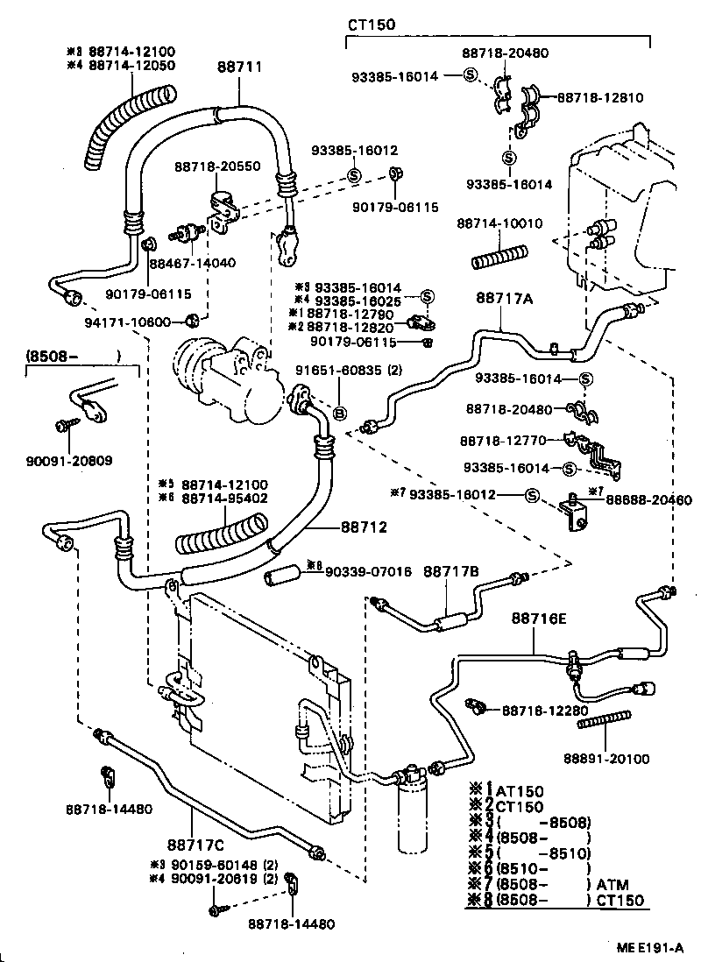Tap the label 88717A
pyautogui.click(x=505, y=299)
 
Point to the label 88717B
pyautogui.click(x=450, y=571)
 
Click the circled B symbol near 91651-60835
pyautogui.click(x=341, y=413)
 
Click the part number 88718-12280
pyautogui.click(x=545, y=711)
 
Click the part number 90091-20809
pyautogui.click(x=74, y=460)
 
